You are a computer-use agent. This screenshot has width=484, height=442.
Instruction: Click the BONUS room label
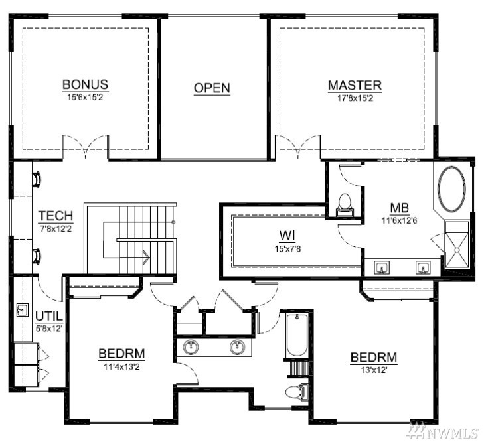(x=85, y=84)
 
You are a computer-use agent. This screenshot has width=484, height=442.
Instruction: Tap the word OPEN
(x=212, y=88)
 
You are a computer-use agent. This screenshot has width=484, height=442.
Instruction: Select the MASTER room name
(x=355, y=86)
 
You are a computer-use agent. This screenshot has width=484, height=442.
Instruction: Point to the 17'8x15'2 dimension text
(x=355, y=98)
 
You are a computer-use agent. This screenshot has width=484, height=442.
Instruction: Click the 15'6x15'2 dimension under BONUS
(x=85, y=98)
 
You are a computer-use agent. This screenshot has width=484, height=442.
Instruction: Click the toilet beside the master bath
(x=345, y=204)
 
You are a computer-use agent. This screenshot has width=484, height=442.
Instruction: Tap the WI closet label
(x=287, y=236)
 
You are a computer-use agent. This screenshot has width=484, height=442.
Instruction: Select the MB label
(x=400, y=208)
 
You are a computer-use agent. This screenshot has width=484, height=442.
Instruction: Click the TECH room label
(x=56, y=216)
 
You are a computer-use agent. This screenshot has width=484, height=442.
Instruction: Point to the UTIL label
(x=49, y=316)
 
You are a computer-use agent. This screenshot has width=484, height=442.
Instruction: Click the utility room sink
(x=22, y=309)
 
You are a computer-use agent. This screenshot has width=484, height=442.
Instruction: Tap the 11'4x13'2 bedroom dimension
(x=121, y=367)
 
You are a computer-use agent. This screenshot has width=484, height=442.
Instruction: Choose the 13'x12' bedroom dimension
(x=374, y=370)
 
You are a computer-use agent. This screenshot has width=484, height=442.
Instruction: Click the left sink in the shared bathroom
(x=191, y=347)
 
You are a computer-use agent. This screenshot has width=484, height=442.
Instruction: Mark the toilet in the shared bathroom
(x=297, y=393)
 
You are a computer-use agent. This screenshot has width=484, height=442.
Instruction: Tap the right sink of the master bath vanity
(x=422, y=267)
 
